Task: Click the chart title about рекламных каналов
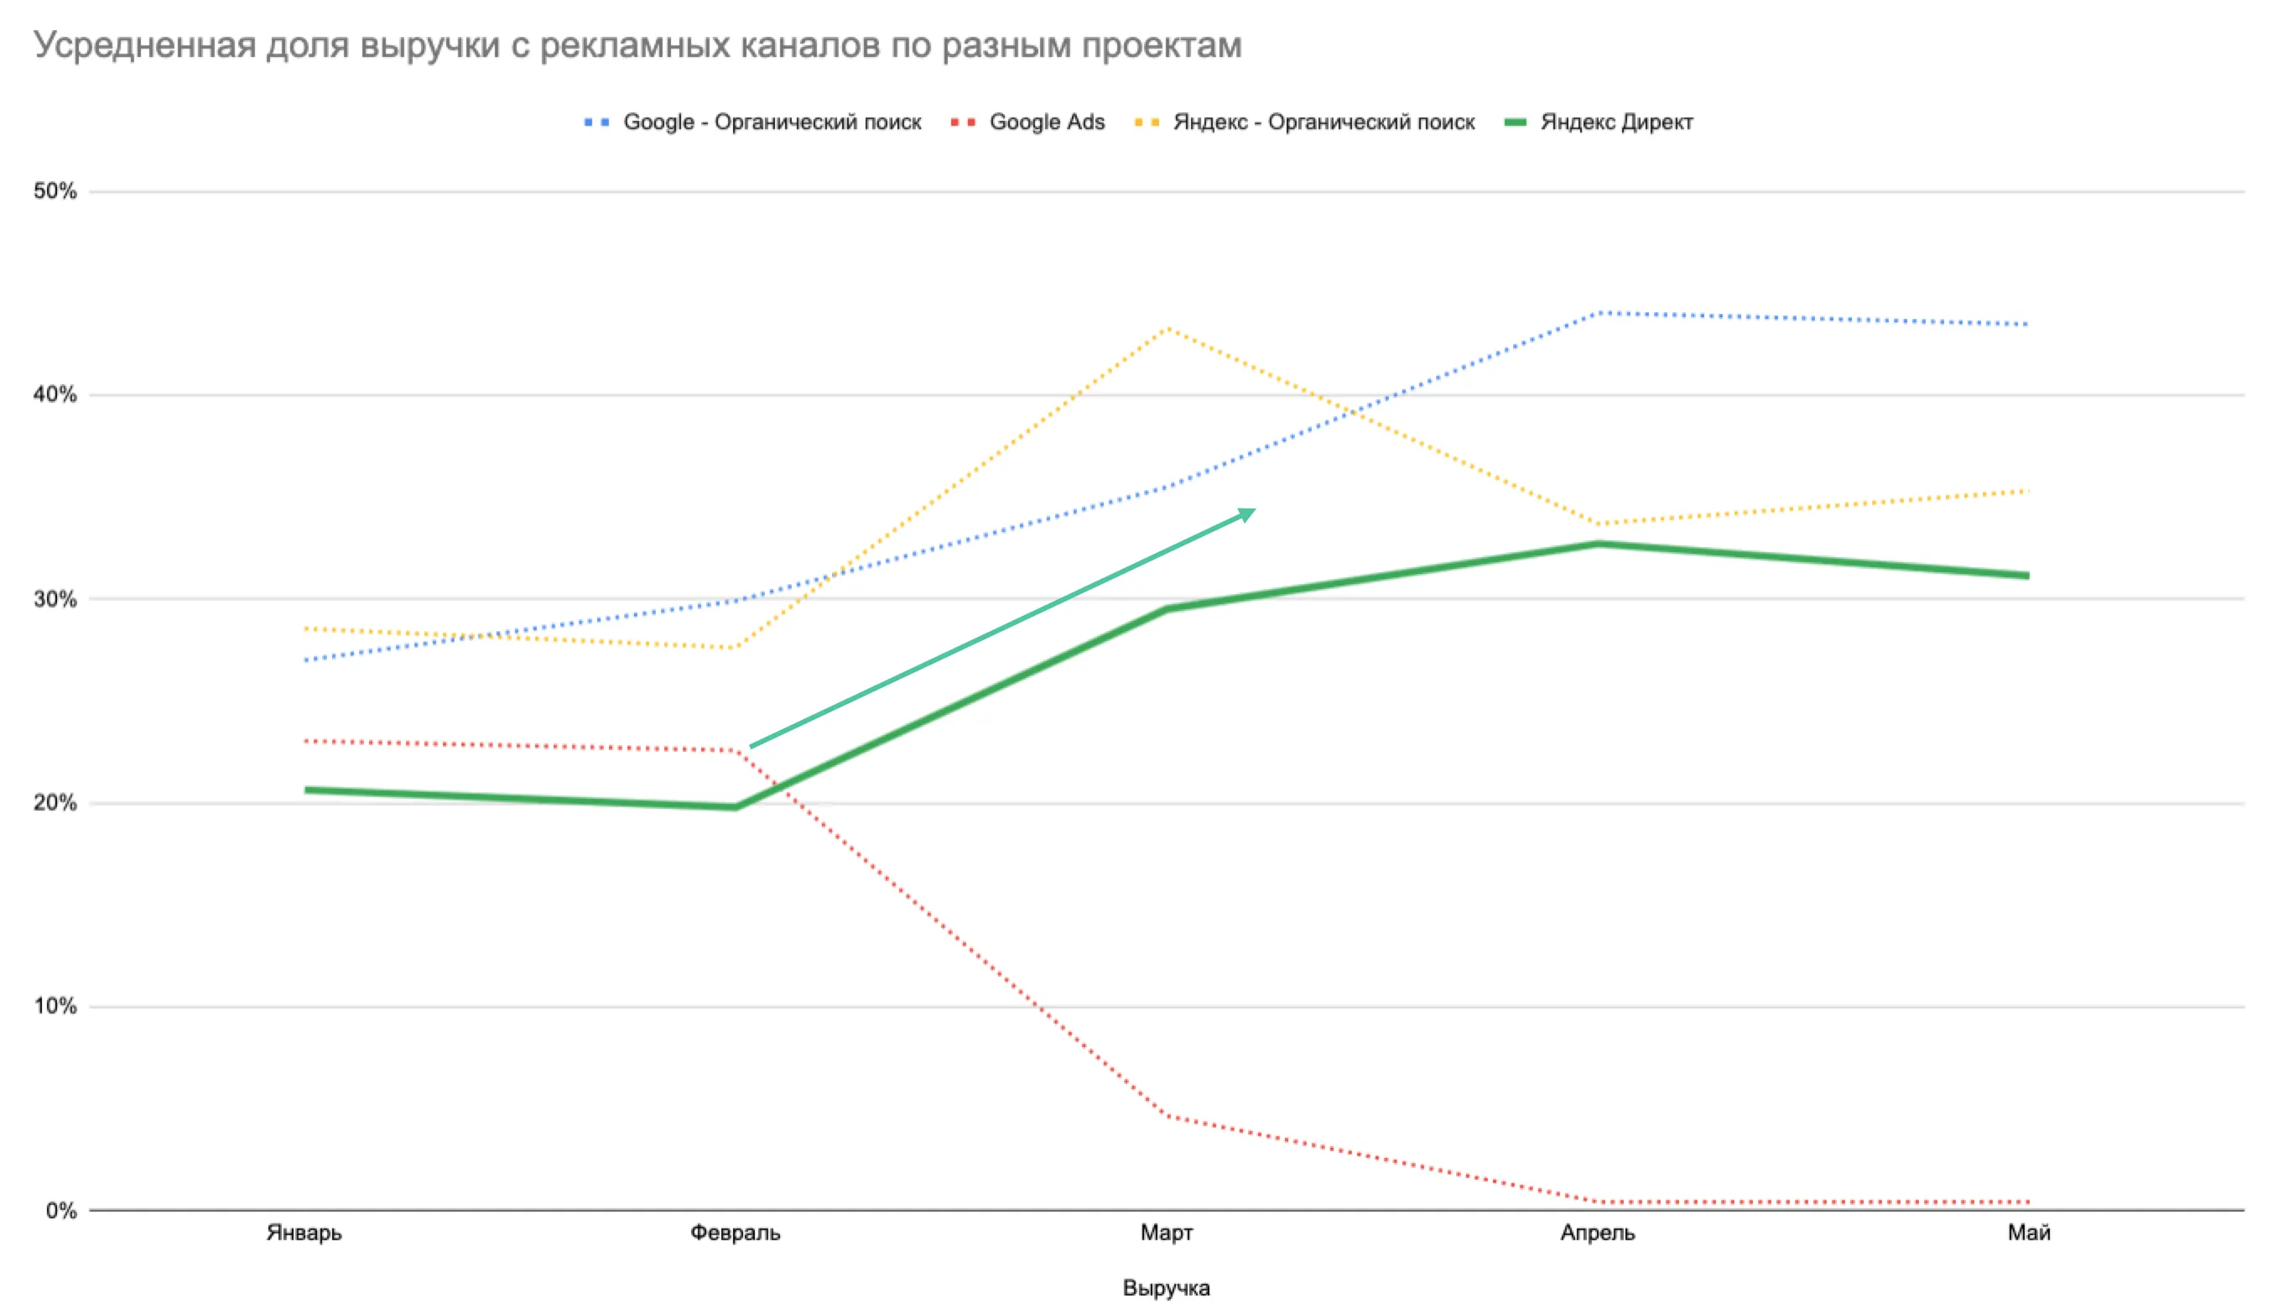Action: point(637,45)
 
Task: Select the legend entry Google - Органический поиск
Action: point(752,122)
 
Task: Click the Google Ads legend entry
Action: point(1027,122)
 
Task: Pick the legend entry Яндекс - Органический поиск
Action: point(1305,122)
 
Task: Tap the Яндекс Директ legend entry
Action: point(1599,122)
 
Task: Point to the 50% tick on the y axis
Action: point(55,191)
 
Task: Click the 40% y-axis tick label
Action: point(55,394)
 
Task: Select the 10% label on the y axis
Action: point(55,1006)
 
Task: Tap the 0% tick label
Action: point(61,1210)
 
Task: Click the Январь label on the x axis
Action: point(304,1233)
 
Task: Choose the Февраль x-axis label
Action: point(736,1233)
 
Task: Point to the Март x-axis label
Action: point(1167,1233)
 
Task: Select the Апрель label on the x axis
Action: point(1598,1233)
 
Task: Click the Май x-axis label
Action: point(2029,1233)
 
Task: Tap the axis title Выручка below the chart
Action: point(1167,1288)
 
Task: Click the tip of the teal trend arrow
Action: point(1256,510)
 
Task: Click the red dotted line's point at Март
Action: point(1168,1116)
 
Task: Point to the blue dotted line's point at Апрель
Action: point(1598,313)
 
